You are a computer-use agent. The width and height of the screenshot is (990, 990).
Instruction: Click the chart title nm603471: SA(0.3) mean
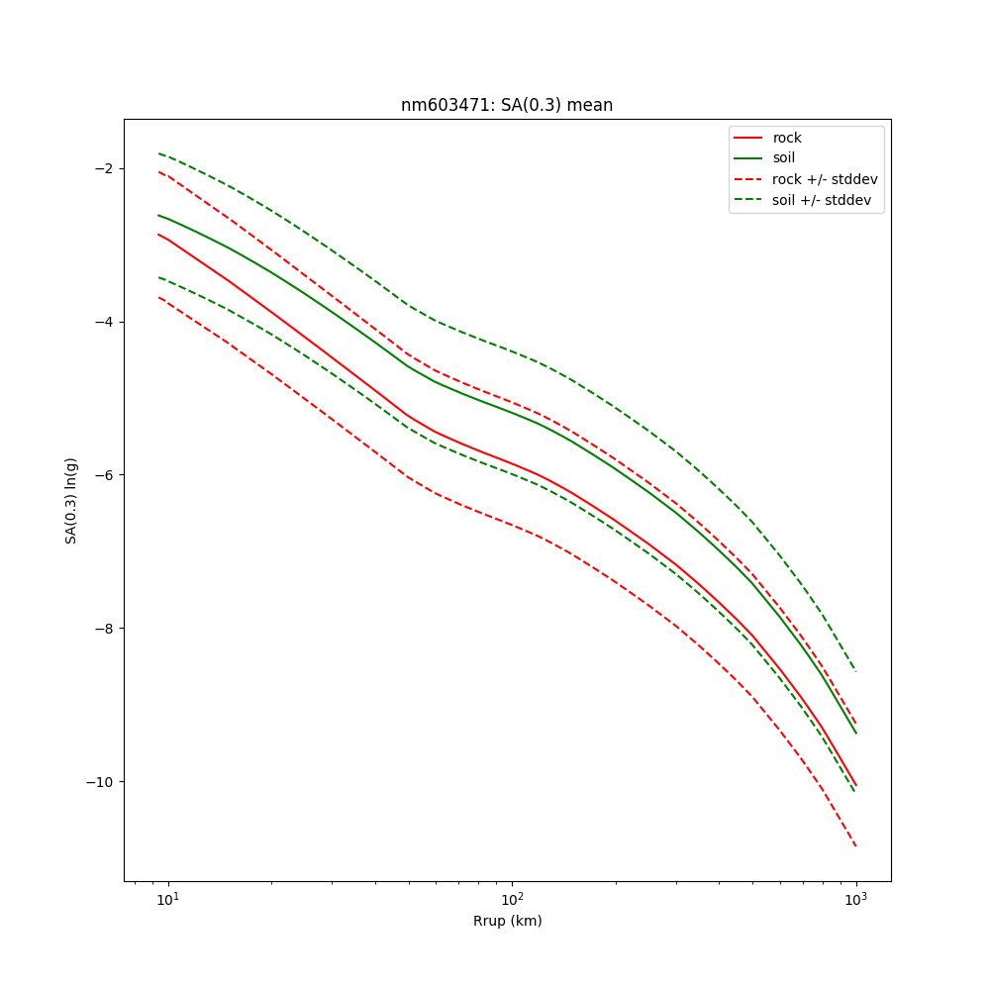click(x=507, y=105)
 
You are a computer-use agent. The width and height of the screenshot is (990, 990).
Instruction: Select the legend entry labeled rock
click(x=787, y=138)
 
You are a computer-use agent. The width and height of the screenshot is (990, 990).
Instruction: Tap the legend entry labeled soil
click(x=784, y=158)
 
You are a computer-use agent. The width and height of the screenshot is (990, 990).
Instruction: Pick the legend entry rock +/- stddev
click(x=825, y=179)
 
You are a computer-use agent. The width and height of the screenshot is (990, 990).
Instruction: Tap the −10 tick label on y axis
click(x=100, y=782)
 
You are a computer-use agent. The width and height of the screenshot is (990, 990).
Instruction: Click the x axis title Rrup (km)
click(x=507, y=921)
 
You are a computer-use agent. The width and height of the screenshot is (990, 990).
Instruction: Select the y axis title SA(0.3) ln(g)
click(x=71, y=500)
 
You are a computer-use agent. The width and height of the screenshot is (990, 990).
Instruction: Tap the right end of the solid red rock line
click(x=855, y=786)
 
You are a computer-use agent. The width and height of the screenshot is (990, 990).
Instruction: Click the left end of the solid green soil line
click(x=158, y=215)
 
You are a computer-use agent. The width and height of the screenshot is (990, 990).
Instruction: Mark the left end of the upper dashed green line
click(x=158, y=153)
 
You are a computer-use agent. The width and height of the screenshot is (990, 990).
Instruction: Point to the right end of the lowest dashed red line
click(x=855, y=846)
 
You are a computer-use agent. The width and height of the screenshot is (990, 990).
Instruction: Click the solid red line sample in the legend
click(x=747, y=138)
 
